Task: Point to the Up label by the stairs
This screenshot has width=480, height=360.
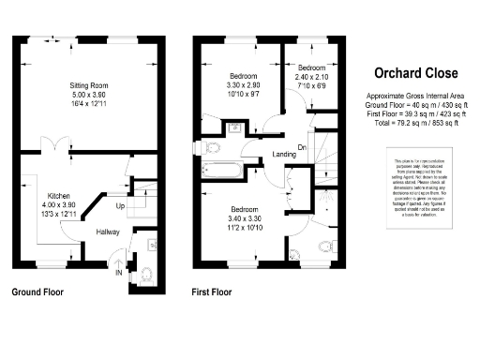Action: coord(120,205)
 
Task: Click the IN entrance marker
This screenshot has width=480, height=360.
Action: coord(118,274)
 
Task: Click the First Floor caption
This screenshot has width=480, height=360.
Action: coord(212,293)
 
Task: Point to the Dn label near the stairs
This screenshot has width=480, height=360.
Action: coord(303,146)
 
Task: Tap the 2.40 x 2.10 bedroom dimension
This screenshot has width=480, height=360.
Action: coord(312,79)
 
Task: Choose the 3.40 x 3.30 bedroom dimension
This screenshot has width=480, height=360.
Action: coord(246,219)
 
